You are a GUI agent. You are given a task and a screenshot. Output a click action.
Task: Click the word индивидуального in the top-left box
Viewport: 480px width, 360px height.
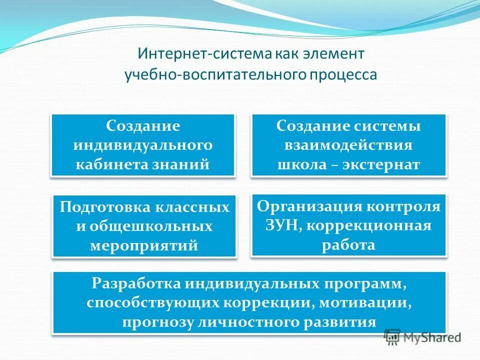pyautogui.click(x=143, y=145)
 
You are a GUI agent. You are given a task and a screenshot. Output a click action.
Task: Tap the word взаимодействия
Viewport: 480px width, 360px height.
pyautogui.click(x=348, y=145)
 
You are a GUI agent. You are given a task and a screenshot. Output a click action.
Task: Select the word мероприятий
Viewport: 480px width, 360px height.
pyautogui.click(x=144, y=245)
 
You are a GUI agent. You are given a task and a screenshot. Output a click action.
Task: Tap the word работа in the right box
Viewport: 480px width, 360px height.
pyautogui.click(x=348, y=245)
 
